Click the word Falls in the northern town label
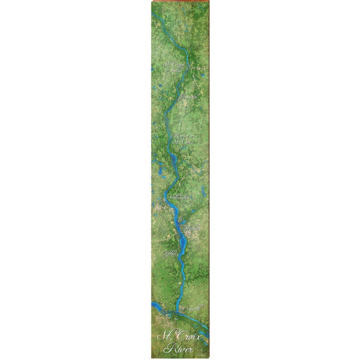coord(175,71)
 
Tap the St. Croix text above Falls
coord(175,64)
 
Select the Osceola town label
coord(188,96)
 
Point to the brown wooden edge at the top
coord(180,1)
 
